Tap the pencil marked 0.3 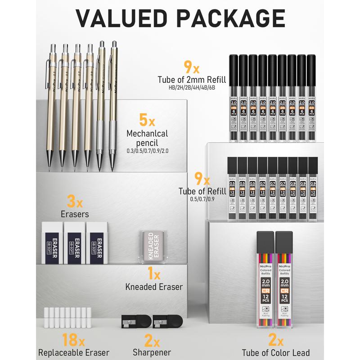tap(53, 103)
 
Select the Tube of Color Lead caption tap(276, 353)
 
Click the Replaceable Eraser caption tap(74, 353)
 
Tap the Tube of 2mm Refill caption tap(191, 79)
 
